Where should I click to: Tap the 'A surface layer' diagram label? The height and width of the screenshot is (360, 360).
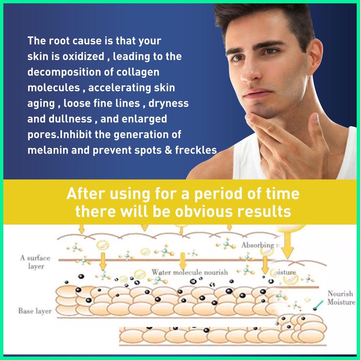pos(35,262)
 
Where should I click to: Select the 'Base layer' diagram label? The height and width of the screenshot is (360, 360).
pos(35,311)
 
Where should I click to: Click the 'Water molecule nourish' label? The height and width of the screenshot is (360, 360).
pos(190,272)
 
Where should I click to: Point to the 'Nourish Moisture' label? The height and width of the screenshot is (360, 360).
pos(341,298)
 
